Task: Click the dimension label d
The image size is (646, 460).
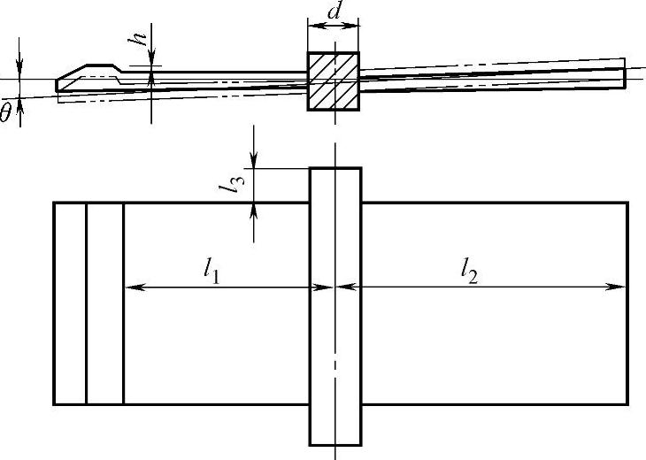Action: point(334,11)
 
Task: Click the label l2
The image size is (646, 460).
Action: point(469,272)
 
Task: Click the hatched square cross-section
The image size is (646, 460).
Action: point(333,80)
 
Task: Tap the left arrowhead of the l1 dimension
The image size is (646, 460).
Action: point(131,286)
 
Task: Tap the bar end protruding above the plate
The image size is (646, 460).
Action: point(335,184)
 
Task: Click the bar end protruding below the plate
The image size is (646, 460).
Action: point(335,425)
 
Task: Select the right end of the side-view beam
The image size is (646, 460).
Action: point(623,77)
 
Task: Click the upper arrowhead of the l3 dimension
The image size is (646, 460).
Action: point(255,162)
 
